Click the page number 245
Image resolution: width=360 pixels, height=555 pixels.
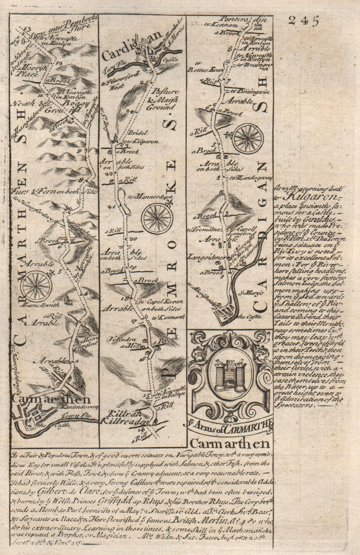tap(303, 21)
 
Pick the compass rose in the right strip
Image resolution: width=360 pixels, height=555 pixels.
tap(248, 138)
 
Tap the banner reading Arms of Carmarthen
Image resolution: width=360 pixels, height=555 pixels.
tap(230, 428)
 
